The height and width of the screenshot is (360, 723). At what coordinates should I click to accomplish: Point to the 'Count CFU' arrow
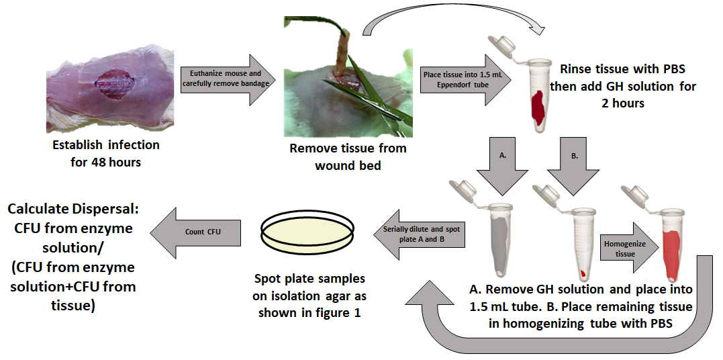195,232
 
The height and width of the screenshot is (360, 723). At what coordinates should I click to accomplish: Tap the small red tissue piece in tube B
583,273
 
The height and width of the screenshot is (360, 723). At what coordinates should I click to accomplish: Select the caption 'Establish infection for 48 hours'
106,153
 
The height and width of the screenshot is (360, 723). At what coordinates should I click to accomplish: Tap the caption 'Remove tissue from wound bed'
348,157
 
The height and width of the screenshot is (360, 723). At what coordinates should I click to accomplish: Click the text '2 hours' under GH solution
623,103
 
